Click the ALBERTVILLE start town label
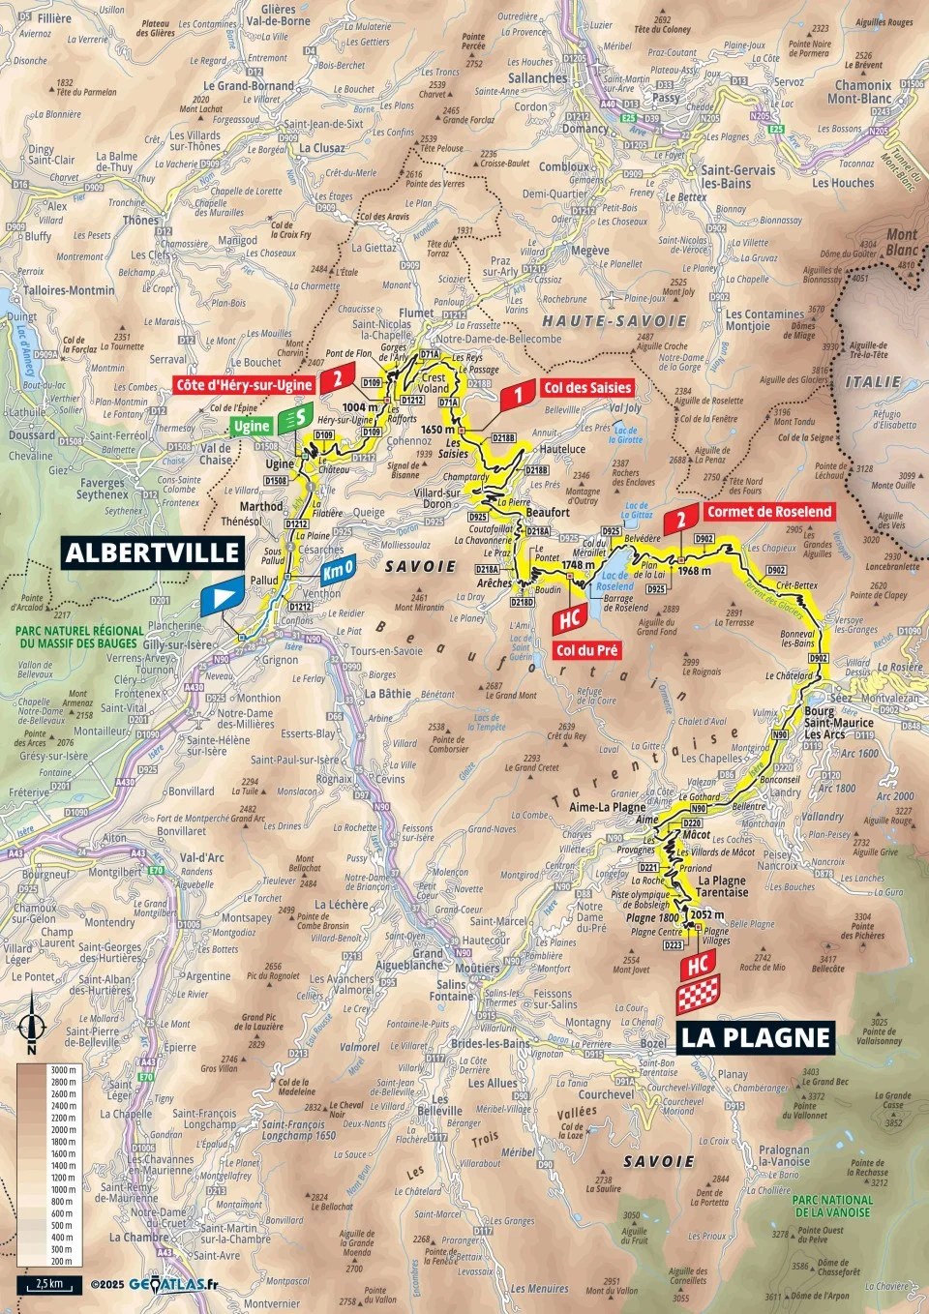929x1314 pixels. click(152, 552)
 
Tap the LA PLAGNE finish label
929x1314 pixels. click(755, 1037)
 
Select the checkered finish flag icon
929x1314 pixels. click(698, 996)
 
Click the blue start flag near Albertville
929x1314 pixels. click(222, 597)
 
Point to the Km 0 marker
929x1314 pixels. click(338, 570)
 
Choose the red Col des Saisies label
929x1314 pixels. click(586, 387)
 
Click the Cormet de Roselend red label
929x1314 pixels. click(768, 512)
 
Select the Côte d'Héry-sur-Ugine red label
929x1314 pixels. click(244, 385)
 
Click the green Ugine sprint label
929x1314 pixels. click(252, 426)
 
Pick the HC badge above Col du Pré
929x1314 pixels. click(570, 618)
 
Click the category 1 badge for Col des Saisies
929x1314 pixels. click(519, 394)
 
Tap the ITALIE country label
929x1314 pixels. click(873, 382)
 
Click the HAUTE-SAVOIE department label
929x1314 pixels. click(614, 320)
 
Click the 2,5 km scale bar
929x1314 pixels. click(48, 1284)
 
